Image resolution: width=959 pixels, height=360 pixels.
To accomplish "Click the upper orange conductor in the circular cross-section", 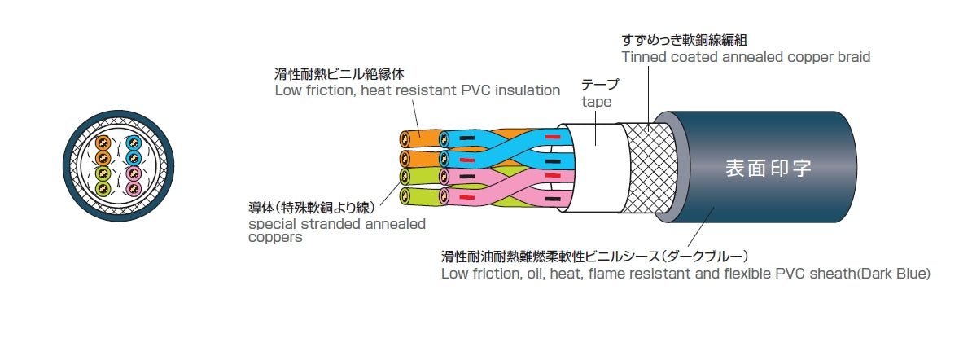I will (103, 142).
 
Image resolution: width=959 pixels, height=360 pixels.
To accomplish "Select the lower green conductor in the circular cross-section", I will (103, 189).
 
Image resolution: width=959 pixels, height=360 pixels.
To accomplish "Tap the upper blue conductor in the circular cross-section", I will (134, 142).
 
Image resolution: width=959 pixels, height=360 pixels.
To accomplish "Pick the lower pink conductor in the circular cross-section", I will (134, 189).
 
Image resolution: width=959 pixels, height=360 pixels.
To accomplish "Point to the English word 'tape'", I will (596, 102).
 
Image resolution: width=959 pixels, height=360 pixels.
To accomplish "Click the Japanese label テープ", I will (600, 85).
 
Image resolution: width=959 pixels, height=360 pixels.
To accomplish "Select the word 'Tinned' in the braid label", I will (643, 57).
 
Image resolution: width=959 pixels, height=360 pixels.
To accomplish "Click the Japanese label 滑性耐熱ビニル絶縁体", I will (339, 73).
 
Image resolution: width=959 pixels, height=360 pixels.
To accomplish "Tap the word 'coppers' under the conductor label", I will (275, 238).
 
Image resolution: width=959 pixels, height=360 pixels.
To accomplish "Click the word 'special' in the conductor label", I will (271, 223).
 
